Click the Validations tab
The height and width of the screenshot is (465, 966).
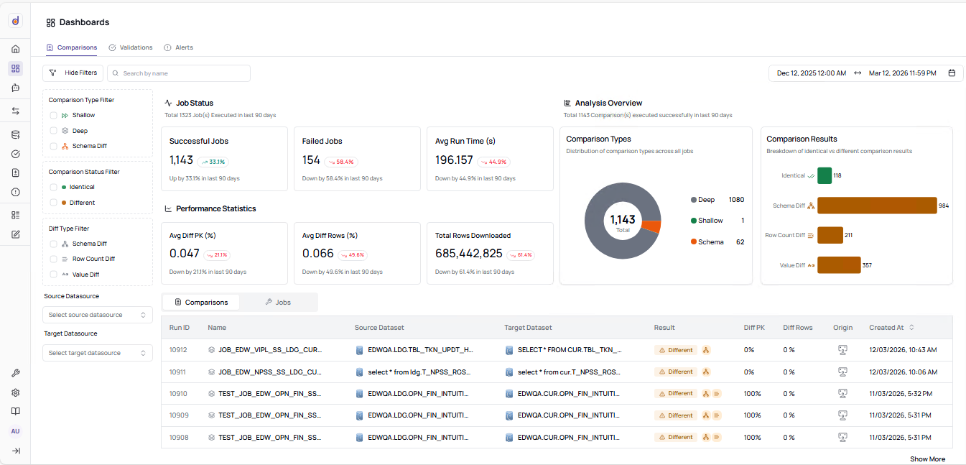[131, 47]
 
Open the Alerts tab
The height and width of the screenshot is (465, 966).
[179, 47]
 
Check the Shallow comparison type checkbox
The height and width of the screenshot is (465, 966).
[54, 115]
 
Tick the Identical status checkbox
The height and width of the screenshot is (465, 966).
[54, 187]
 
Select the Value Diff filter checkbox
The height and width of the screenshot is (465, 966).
[54, 275]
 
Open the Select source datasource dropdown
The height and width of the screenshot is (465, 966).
[98, 315]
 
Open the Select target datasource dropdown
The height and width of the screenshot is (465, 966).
[98, 353]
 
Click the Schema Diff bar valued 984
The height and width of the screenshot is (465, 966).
[877, 206]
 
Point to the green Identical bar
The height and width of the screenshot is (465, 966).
[824, 175]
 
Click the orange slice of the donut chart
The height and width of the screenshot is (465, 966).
[651, 226]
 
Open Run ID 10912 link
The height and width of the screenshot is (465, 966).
[178, 350]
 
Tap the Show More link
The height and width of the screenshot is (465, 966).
[927, 459]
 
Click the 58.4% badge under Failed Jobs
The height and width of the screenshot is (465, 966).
[341, 162]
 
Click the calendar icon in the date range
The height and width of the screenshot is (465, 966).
[952, 73]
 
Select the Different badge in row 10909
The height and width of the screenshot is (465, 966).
[676, 415]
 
